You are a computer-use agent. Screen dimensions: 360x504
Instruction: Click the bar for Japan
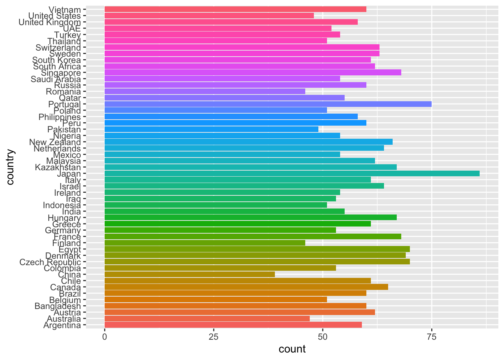[x=292, y=173]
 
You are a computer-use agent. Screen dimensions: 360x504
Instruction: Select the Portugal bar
[x=268, y=104]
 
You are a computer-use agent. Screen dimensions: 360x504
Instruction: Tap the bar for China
[x=189, y=274]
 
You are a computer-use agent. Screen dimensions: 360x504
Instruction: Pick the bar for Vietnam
[x=235, y=9]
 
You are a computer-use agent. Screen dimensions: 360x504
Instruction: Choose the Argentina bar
[x=233, y=325]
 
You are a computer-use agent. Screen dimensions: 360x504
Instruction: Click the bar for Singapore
[x=252, y=72]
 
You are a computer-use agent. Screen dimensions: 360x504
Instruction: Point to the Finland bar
[x=205, y=243]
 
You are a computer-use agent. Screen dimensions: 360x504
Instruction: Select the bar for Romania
[x=205, y=91]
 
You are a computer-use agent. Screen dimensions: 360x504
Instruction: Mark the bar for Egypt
[x=257, y=249]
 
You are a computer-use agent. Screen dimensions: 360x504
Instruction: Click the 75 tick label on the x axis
[x=432, y=337]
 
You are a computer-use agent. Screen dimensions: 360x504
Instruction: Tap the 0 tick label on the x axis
[x=105, y=337]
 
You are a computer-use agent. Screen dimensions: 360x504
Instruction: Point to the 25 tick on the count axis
[x=213, y=337]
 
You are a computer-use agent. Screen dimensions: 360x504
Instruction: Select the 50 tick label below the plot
[x=322, y=337]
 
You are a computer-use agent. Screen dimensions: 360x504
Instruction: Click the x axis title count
[x=292, y=349]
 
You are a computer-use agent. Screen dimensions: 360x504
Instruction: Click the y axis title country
[x=10, y=167]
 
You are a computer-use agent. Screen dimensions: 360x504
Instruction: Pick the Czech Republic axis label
[x=50, y=262]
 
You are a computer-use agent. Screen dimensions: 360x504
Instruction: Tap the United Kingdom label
[x=49, y=22]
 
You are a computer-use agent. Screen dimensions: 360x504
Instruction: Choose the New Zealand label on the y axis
[x=55, y=142]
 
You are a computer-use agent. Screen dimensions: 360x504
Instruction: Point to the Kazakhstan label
[x=58, y=167]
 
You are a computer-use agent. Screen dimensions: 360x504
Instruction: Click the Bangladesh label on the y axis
[x=57, y=306]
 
